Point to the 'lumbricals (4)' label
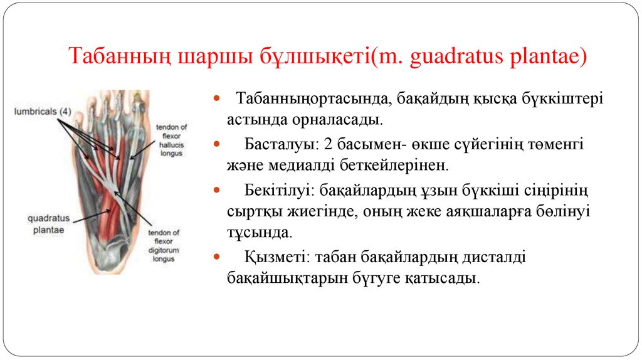click(x=43, y=112)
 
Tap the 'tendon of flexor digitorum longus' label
click(x=164, y=245)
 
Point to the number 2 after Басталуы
click(x=329, y=144)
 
